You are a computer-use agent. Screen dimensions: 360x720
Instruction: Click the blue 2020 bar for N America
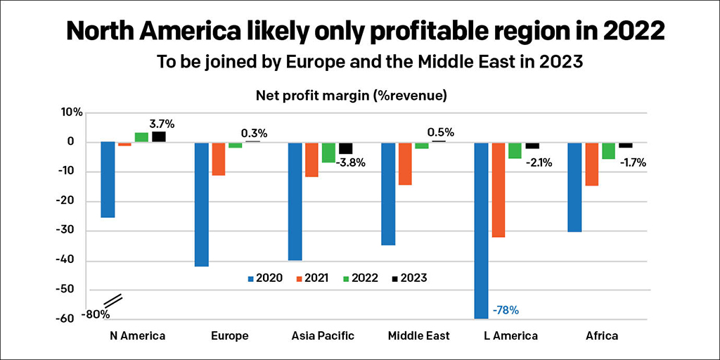pyautogui.click(x=108, y=179)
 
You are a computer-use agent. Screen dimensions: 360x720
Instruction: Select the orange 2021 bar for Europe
pyautogui.click(x=218, y=159)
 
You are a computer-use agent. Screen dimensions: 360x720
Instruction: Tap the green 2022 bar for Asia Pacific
pyautogui.click(x=328, y=153)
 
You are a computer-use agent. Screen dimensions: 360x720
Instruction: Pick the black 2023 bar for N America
pyautogui.click(x=159, y=137)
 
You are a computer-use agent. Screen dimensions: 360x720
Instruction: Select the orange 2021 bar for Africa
pyautogui.click(x=592, y=164)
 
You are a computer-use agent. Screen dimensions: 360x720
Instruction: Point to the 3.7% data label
pyautogui.click(x=161, y=124)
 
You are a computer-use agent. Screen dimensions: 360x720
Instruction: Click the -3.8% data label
pyautogui.click(x=351, y=163)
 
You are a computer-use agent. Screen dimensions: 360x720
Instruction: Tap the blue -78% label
pyautogui.click(x=506, y=310)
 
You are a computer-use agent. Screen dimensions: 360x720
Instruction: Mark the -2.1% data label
pyautogui.click(x=538, y=162)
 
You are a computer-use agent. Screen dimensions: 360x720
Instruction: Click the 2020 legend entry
pyautogui.click(x=265, y=278)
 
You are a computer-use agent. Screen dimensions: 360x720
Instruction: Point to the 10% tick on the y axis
pyautogui.click(x=72, y=112)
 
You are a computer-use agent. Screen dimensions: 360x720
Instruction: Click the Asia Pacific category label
pyautogui.click(x=323, y=336)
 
